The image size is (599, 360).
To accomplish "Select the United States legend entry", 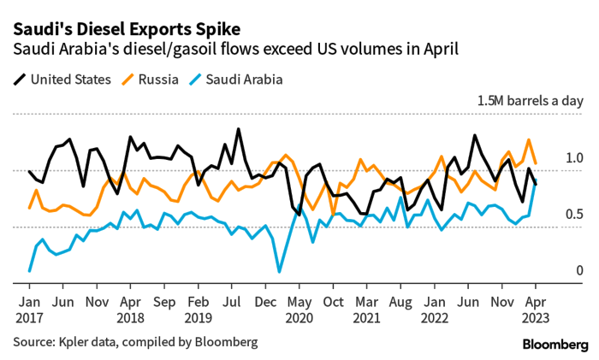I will (x=62, y=80).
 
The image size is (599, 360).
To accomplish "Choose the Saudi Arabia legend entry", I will (x=232, y=80).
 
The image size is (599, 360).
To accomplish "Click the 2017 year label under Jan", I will (x=30, y=316).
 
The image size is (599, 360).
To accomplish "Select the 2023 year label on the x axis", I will (x=536, y=316).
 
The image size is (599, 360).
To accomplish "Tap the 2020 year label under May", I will (x=299, y=316).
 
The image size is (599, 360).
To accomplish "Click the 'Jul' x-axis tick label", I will (x=231, y=301).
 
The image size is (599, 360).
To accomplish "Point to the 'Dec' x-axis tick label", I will (x=265, y=301).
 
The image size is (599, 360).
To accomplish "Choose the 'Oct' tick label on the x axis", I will (x=333, y=301).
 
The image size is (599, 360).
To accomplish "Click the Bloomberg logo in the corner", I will (x=555, y=343).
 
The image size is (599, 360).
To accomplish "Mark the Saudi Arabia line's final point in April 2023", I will (x=536, y=185).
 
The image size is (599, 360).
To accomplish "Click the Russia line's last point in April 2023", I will (x=536, y=162).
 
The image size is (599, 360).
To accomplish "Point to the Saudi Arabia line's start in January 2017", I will (x=30, y=270).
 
